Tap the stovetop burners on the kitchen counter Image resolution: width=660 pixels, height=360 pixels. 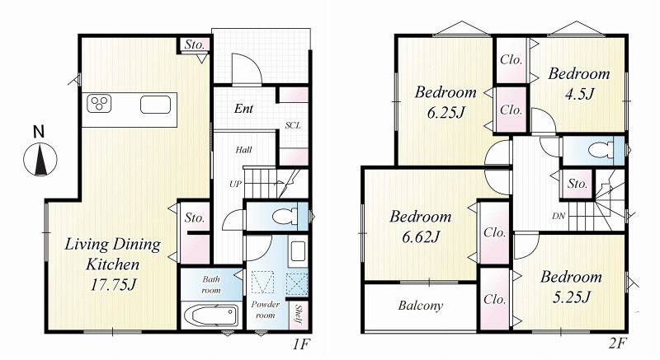click(99, 104)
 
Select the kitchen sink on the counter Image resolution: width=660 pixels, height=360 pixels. click(155, 105)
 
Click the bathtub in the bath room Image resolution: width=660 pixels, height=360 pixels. click(211, 315)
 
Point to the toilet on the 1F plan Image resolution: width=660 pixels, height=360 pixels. click(285, 217)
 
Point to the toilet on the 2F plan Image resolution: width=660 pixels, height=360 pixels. click(601, 150)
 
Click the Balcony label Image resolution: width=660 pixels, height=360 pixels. click(421, 306)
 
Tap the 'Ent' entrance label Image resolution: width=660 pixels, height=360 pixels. click(243, 109)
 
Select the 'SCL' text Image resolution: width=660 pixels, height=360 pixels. click(293, 125)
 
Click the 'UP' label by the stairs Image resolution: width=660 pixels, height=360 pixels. click(235, 184)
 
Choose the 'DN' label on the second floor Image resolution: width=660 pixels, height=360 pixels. click(559, 216)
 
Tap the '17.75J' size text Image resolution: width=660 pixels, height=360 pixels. click(113, 285)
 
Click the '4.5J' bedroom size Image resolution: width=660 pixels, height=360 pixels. click(579, 94)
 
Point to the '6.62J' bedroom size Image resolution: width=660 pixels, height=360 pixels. click(421, 237)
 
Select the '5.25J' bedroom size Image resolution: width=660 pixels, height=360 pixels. click(571, 297)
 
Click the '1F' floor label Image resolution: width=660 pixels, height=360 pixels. click(301, 344)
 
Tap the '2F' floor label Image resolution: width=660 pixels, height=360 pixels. click(618, 344)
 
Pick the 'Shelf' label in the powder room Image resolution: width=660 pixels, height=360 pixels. click(299, 315)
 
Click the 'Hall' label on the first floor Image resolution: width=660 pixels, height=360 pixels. click(243, 150)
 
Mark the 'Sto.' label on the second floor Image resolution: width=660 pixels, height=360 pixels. click(577, 184)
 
